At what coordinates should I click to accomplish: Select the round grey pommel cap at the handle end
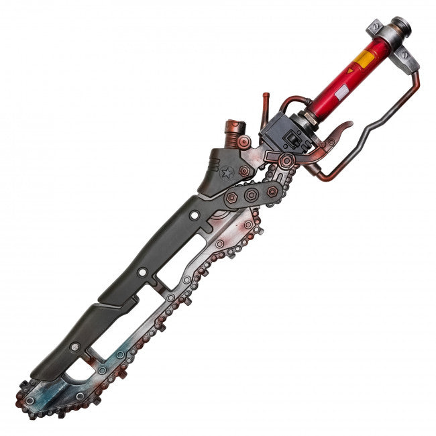401,28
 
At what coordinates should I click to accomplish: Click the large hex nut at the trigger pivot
286,161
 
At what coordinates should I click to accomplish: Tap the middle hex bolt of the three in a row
252,195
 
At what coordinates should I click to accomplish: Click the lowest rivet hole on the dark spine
75,347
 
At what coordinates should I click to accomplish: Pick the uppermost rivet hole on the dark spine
195,216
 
